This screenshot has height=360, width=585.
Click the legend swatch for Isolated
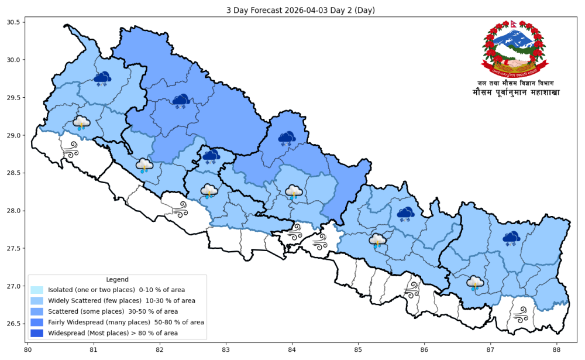pos(37,289)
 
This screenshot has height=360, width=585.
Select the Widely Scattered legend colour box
pos(37,300)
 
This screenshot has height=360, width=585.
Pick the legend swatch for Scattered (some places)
pos(37,311)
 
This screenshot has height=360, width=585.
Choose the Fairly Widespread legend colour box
pos(37,322)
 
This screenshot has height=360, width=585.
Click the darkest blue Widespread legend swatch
pos(37,333)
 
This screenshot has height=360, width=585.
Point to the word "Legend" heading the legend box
pos(118,279)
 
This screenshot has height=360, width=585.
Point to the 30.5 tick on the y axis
pos(12,22)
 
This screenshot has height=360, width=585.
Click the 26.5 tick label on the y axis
pos(12,324)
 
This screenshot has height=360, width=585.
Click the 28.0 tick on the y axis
pos(12,211)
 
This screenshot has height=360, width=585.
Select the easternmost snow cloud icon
pos(512,238)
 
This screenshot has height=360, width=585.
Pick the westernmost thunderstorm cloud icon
pos(81,123)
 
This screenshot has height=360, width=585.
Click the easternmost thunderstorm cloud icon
pos(475,284)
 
